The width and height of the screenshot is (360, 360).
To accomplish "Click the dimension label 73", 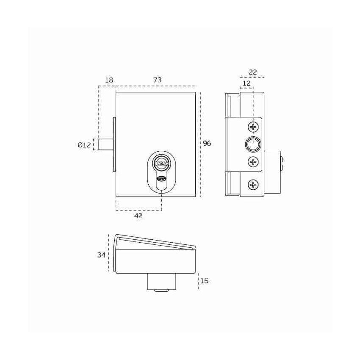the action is click(158, 80).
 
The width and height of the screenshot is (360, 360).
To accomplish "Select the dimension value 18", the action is click(109, 80).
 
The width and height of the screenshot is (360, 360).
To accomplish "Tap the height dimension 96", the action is click(207, 143).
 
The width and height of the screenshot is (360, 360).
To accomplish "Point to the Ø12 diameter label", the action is click(84, 145).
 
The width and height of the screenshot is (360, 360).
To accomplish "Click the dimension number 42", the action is click(138, 216).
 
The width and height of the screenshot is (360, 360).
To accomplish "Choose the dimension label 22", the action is click(253, 72).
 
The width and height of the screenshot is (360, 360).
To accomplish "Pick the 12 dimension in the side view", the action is click(246, 83).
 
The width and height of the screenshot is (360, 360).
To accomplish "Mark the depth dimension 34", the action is click(101, 255).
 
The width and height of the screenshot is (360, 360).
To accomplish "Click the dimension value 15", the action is click(204, 281).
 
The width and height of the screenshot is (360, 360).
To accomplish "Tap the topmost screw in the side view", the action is click(253, 127).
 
